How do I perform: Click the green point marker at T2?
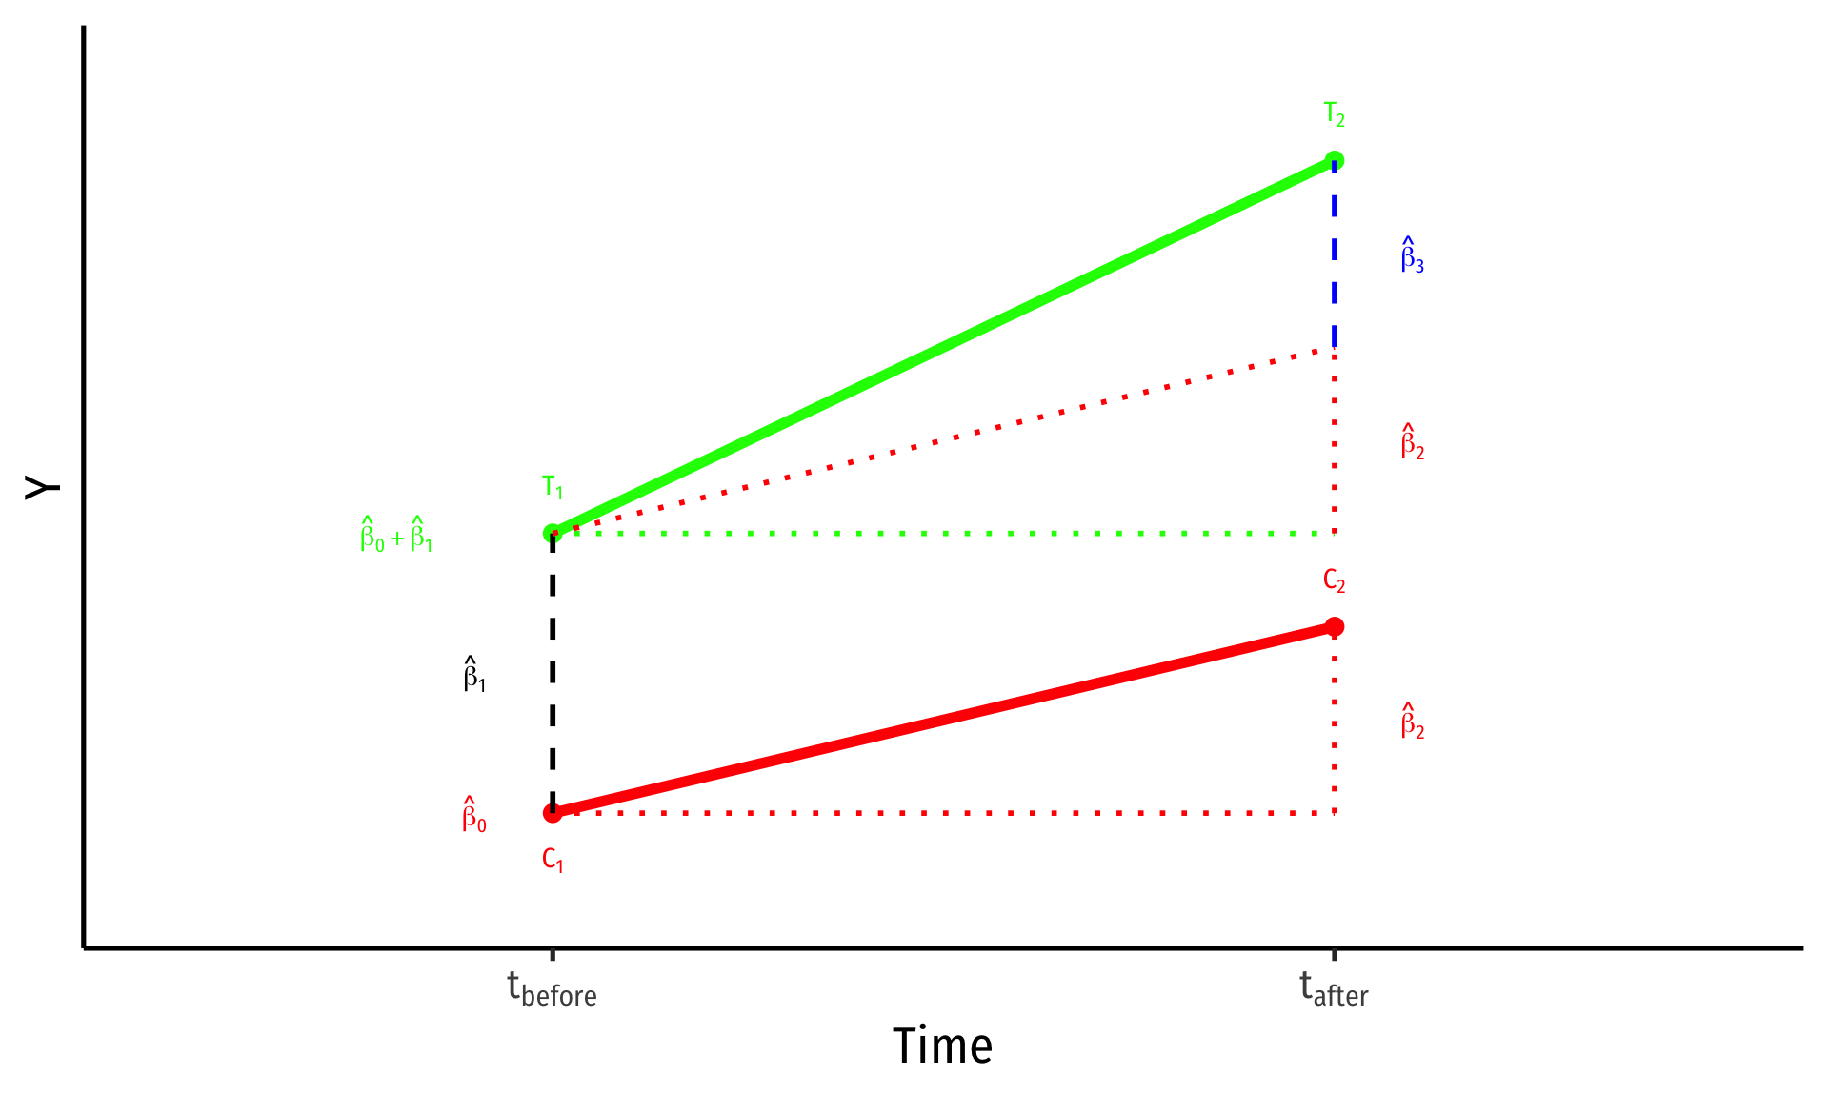(1334, 161)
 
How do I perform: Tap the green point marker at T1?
(553, 534)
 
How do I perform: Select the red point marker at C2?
(1334, 626)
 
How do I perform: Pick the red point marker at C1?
(553, 813)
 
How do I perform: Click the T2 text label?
(1334, 115)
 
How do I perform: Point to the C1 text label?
(553, 860)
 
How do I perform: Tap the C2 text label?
(1334, 581)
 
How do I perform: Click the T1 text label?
(553, 488)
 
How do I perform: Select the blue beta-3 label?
(1412, 255)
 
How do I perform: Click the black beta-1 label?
(474, 674)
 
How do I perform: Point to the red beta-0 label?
(474, 815)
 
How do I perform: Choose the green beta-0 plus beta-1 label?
(396, 535)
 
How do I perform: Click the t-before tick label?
(552, 989)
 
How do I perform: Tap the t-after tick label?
(1334, 989)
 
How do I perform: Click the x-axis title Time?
(942, 1047)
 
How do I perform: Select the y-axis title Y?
(42, 488)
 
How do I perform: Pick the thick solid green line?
(943, 347)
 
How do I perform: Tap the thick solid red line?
(943, 720)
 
